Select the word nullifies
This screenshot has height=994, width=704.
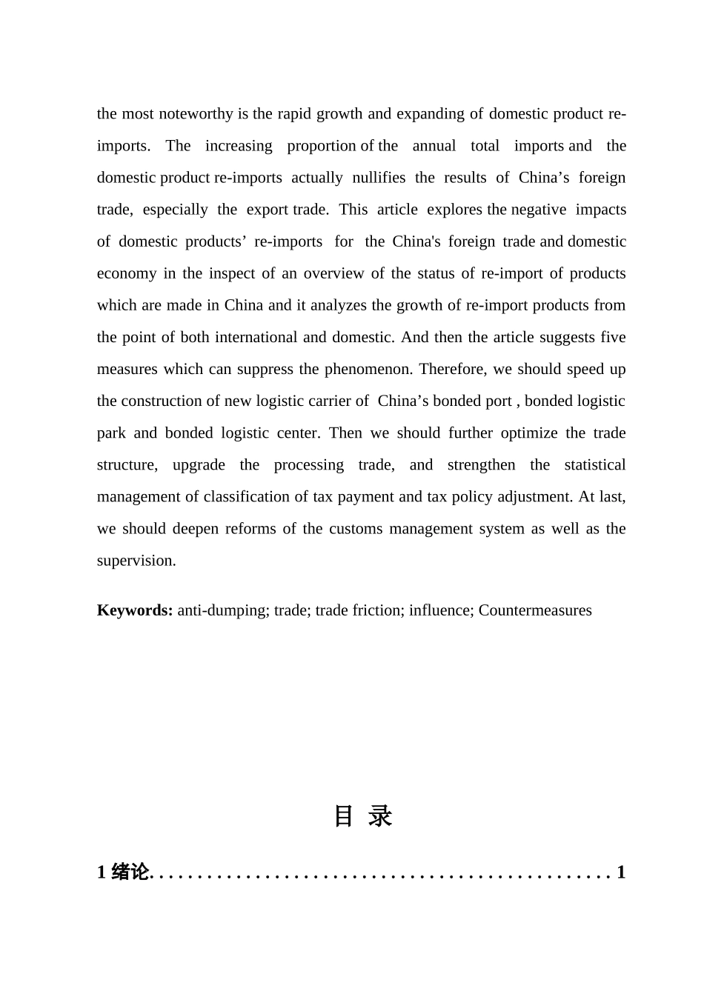pos(379,178)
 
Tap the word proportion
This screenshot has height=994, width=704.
pos(322,146)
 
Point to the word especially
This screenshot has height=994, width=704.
pos(175,210)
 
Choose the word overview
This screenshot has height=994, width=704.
pos(332,273)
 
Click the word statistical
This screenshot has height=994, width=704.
pos(594,464)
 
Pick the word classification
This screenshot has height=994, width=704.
pos(247,496)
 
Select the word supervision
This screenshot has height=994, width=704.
pos(136,561)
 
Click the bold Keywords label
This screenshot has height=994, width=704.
pos(135,610)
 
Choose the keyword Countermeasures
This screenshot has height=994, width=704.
pos(535,610)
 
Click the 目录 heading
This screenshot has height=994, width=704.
pos(362,816)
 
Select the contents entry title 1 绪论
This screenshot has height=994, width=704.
pos(123,873)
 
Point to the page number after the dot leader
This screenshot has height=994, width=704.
pos(621,873)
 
